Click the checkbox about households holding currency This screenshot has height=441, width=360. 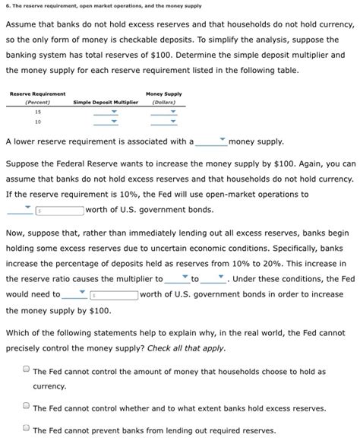click(26, 371)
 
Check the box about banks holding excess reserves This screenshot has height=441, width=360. click(26, 408)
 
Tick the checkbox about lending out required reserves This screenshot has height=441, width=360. click(26, 429)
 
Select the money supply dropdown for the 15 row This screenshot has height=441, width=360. click(163, 112)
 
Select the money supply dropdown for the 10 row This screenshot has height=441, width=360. click(163, 122)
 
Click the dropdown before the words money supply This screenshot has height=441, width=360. click(211, 141)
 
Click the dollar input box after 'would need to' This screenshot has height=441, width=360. click(114, 294)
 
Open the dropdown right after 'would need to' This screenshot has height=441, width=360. click(75, 293)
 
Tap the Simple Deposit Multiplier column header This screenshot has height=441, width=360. click(106, 102)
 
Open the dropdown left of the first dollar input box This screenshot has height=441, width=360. click(19, 209)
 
